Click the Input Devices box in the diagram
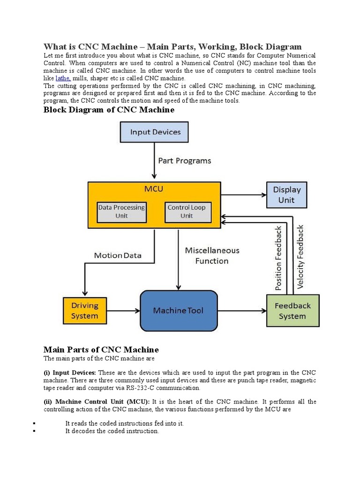point(154,132)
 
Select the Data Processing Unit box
point(121,211)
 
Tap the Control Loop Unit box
point(186,211)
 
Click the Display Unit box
point(286,195)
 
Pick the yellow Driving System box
point(85,311)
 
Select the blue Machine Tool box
point(179,311)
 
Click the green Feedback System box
point(292,311)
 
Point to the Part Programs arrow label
point(184,161)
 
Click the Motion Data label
point(118,255)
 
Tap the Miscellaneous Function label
point(212,255)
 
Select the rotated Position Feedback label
point(279,257)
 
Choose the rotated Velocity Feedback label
point(300,256)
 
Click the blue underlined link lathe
point(63,78)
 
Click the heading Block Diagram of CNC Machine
point(109,110)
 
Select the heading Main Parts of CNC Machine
point(101,350)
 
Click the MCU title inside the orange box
point(154,189)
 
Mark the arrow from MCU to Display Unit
point(244,195)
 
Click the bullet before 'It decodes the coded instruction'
point(35,431)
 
